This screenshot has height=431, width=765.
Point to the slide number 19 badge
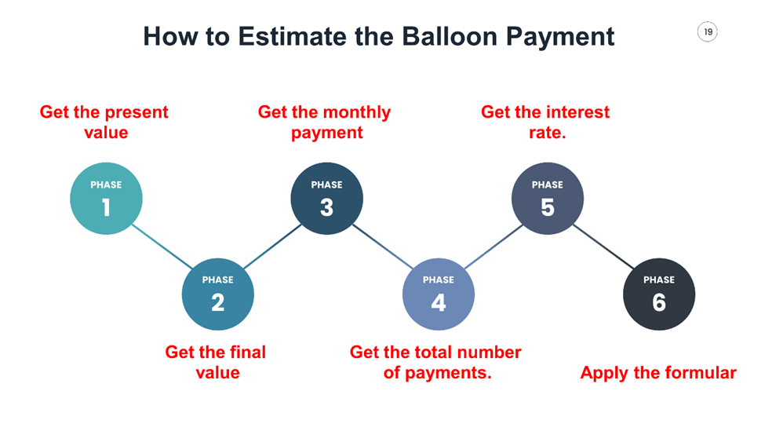tap(708, 32)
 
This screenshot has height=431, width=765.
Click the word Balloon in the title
tap(442, 37)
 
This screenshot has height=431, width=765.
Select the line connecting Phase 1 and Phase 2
tap(161, 246)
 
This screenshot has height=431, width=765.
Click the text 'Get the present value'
tap(104, 122)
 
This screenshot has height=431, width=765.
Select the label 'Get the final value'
tap(216, 362)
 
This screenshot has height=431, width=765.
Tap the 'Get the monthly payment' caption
tap(325, 122)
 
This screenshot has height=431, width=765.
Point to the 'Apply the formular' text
tap(658, 373)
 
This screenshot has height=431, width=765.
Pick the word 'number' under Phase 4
tap(490, 352)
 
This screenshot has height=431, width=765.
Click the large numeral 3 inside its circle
tap(326, 207)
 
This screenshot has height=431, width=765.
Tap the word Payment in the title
tap(559, 37)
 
